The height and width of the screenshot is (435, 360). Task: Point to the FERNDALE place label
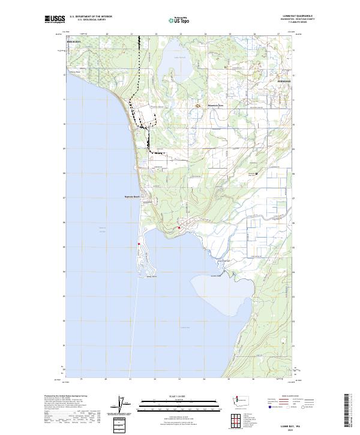click(267, 80)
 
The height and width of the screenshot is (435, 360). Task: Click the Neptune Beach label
click(131, 196)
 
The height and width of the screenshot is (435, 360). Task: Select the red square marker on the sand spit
click(139, 244)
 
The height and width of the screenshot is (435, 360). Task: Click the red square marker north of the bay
click(179, 227)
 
